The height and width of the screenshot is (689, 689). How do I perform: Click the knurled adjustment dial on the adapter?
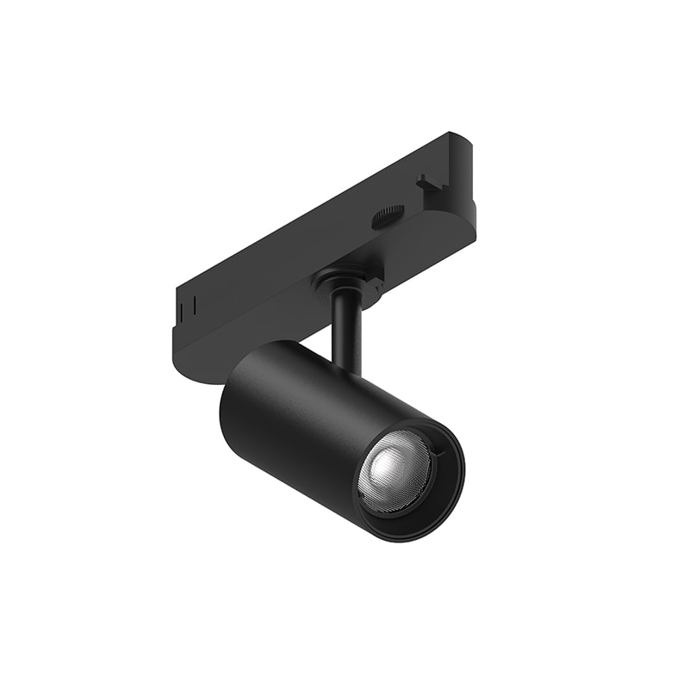390,215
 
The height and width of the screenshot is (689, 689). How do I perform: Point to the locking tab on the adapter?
428,181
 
